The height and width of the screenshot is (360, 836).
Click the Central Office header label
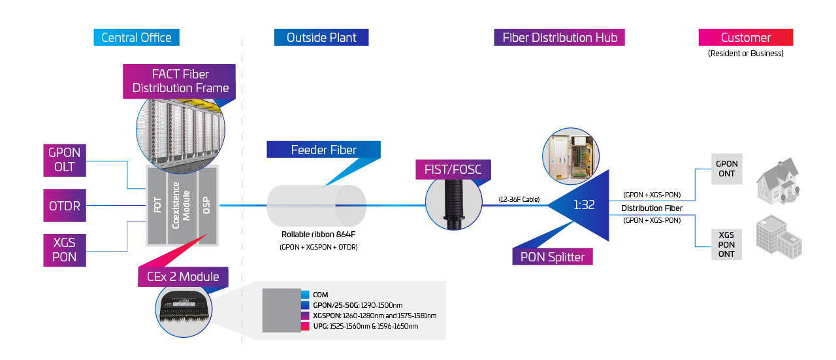click(x=137, y=37)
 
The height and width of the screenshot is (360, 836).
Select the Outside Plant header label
click(x=321, y=37)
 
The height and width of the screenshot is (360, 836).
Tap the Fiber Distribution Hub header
click(x=559, y=37)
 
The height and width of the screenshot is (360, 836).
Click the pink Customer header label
click(x=745, y=37)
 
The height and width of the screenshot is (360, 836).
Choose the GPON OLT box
click(x=65, y=160)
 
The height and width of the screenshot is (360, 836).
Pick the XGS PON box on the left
click(x=65, y=250)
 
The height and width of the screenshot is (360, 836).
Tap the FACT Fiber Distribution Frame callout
click(x=180, y=81)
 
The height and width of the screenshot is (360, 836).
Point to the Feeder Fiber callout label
click(x=323, y=150)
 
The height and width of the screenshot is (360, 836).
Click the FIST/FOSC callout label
click(x=453, y=171)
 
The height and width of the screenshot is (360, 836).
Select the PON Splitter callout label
click(x=553, y=256)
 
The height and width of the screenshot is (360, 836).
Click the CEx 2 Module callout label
click(x=183, y=277)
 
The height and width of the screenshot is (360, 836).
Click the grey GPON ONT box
click(x=727, y=169)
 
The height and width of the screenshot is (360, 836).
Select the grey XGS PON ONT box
click(x=726, y=244)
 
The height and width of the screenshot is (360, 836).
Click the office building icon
click(x=779, y=238)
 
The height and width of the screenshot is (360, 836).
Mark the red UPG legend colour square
click(x=306, y=325)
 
